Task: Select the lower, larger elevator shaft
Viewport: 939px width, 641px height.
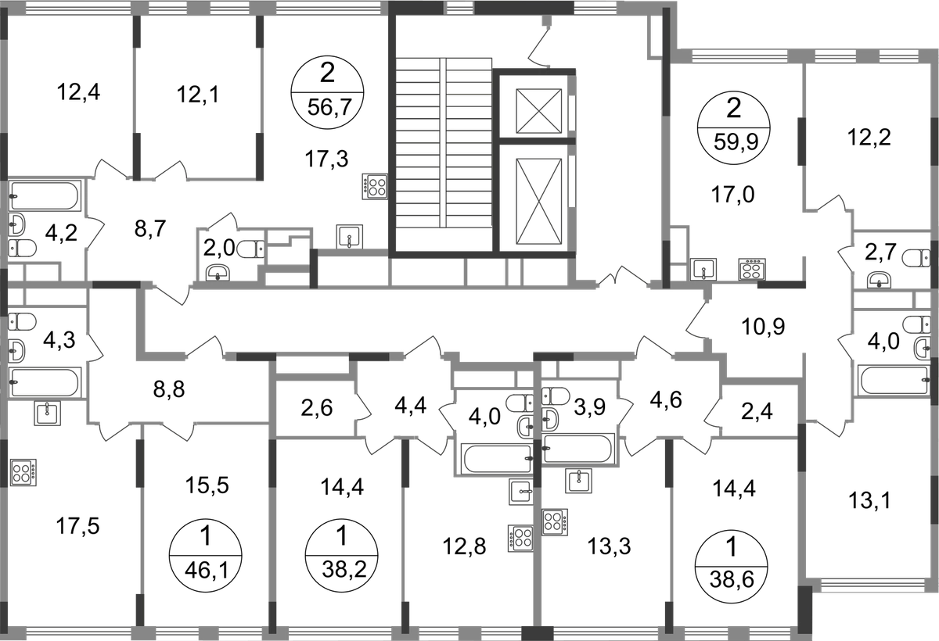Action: pos(538,199)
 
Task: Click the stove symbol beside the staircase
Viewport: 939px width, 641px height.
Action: pos(374,186)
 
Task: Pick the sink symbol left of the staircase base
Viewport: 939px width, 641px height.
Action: pos(350,235)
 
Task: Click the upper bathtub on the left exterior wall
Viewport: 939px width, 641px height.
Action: pos(47,195)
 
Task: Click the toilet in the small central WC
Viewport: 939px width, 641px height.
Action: pos(250,250)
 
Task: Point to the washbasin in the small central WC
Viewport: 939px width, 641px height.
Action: pos(217,271)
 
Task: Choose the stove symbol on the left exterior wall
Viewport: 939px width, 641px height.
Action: pos(23,473)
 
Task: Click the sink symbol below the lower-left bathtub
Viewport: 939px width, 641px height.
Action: pos(47,414)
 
